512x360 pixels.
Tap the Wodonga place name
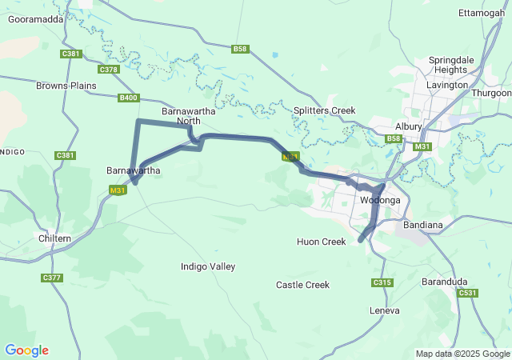(380, 200)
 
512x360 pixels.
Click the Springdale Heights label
(454, 65)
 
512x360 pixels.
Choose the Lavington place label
(447, 85)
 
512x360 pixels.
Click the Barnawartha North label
(188, 116)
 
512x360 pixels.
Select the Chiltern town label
(54, 238)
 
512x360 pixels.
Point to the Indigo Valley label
(208, 266)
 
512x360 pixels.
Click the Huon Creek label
(321, 242)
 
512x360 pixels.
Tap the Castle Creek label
(302, 285)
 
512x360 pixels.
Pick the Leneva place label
(384, 310)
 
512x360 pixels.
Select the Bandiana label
(424, 225)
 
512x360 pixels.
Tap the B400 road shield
(128, 98)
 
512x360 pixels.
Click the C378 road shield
(109, 70)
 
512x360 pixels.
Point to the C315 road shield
(382, 282)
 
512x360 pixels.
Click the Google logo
(26, 350)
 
